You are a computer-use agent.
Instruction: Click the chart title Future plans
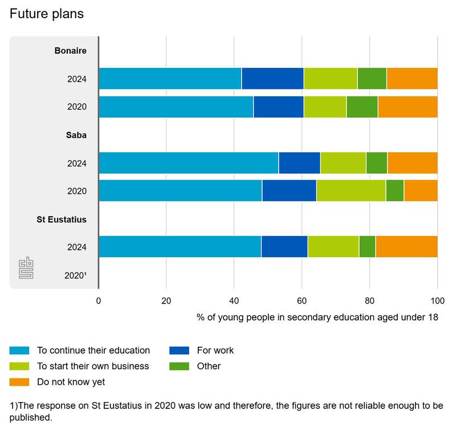(47, 14)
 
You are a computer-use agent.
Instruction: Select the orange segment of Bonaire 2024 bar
(412, 79)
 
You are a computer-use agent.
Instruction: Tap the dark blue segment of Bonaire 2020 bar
(278, 107)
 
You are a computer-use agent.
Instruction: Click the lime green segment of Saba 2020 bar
(350, 190)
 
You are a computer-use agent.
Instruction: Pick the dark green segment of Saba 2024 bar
(377, 163)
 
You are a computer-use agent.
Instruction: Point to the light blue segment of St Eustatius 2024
(180, 246)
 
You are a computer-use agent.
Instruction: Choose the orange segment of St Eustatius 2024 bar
(406, 246)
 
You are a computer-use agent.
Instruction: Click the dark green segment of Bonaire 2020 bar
(362, 107)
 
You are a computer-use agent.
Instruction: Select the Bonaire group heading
(71, 51)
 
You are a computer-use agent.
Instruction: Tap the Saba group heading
(76, 135)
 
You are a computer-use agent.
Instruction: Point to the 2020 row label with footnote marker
(75, 275)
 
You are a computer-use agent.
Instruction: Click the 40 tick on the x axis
(234, 300)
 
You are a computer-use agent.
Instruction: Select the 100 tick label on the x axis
(437, 300)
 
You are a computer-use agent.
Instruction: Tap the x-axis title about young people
(317, 317)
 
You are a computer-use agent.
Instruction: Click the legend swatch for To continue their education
(19, 351)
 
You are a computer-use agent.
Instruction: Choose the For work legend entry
(215, 351)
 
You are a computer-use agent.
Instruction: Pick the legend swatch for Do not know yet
(19, 382)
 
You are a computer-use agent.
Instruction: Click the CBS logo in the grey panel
(26, 269)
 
